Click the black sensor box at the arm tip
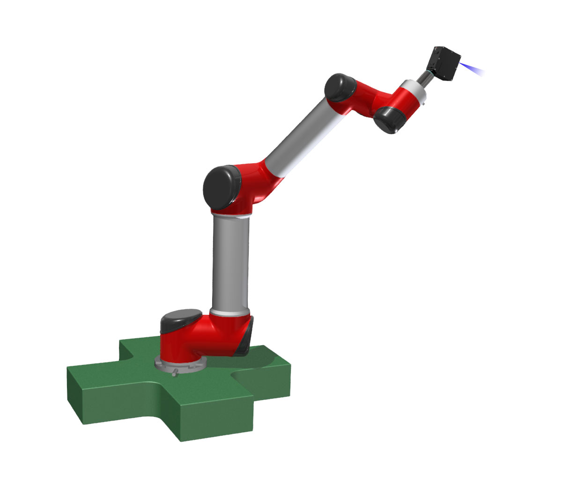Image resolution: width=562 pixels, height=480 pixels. [x=444, y=63]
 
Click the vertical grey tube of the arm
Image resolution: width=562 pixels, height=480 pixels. [x=230, y=262]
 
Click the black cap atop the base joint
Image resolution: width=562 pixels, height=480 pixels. [x=180, y=318]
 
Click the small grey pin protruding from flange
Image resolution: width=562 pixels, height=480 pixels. [x=175, y=372]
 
